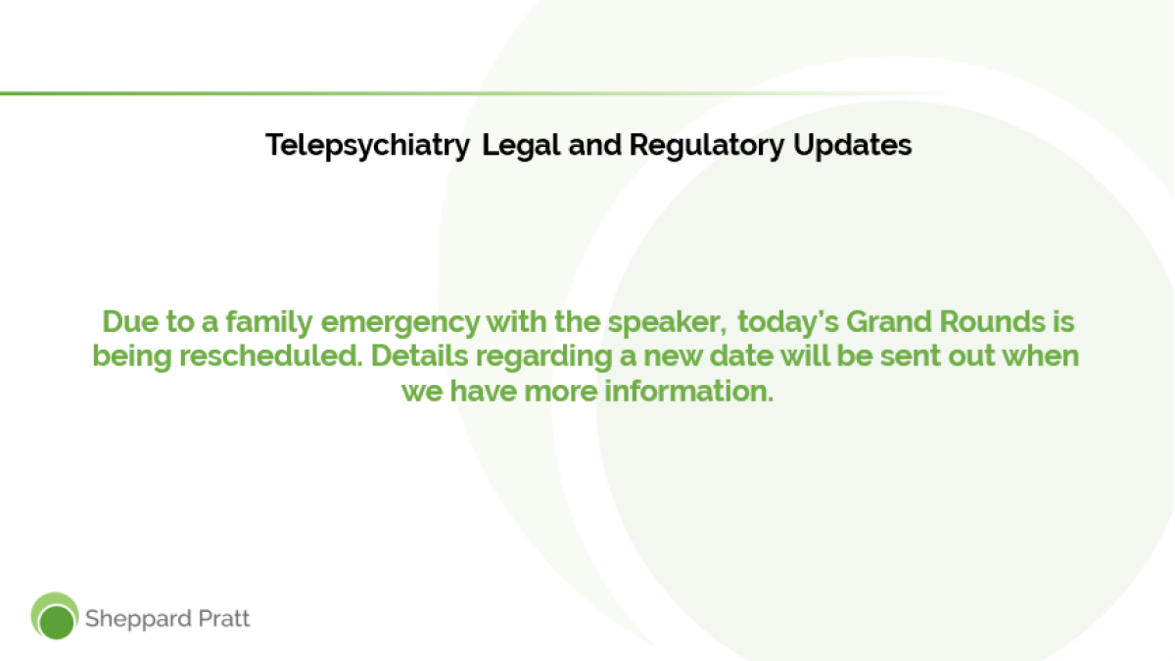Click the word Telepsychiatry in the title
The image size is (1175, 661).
coord(368,146)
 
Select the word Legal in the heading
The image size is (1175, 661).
coord(521,146)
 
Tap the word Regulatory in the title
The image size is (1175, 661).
coord(707,146)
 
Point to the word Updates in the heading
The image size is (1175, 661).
coord(853,145)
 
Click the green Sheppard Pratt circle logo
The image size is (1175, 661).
coord(55,616)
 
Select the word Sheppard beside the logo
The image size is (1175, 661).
coord(137,619)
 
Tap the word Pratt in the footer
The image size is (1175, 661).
coord(224,619)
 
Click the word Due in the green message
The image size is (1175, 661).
coord(130,321)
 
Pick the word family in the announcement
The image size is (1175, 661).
coord(269,322)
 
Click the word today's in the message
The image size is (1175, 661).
coord(788,322)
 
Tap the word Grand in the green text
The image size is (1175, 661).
coord(889,321)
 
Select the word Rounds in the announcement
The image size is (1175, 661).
coord(993,321)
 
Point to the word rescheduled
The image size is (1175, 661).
coord(271,355)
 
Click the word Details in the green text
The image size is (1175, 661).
coord(419,355)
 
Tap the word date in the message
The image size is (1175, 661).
coord(741,355)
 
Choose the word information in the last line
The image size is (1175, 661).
coord(688,391)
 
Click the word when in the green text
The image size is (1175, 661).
coord(1041,355)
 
